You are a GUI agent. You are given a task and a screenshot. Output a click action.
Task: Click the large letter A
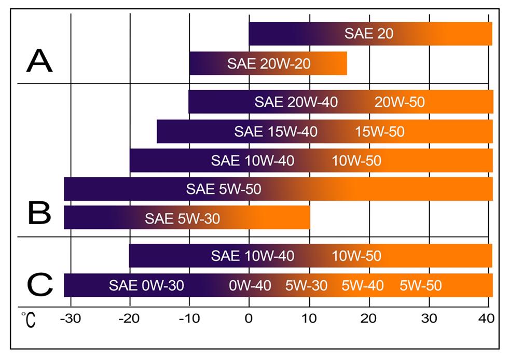pyautogui.click(x=39, y=61)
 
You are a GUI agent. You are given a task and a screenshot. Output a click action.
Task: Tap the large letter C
pyautogui.click(x=39, y=284)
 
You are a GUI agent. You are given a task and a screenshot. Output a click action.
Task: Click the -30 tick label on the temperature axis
pyautogui.click(x=70, y=317)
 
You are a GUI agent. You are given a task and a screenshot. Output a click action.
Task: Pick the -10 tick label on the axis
pyautogui.click(x=189, y=317)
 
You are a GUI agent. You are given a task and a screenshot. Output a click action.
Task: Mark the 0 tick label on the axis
pyautogui.click(x=249, y=317)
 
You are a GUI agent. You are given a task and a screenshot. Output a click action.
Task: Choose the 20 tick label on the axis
pyautogui.click(x=369, y=317)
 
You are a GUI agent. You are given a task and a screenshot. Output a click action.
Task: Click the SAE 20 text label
pyautogui.click(x=369, y=34)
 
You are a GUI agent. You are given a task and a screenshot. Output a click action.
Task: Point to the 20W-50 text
pyautogui.click(x=400, y=102)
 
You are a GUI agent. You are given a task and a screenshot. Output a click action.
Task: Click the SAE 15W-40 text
pyautogui.click(x=276, y=131)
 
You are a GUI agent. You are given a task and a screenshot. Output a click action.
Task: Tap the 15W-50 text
pyautogui.click(x=380, y=131)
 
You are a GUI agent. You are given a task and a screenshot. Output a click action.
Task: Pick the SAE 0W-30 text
pyautogui.click(x=146, y=285)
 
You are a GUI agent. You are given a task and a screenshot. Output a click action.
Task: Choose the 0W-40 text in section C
pyautogui.click(x=250, y=285)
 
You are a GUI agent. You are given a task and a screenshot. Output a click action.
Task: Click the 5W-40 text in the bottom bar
pyautogui.click(x=363, y=285)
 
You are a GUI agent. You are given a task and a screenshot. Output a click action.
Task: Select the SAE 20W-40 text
pyautogui.click(x=296, y=102)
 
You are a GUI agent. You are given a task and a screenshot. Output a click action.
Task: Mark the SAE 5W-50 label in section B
pyautogui.click(x=224, y=189)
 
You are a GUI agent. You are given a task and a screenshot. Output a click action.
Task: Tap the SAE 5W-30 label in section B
pyautogui.click(x=182, y=218)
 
